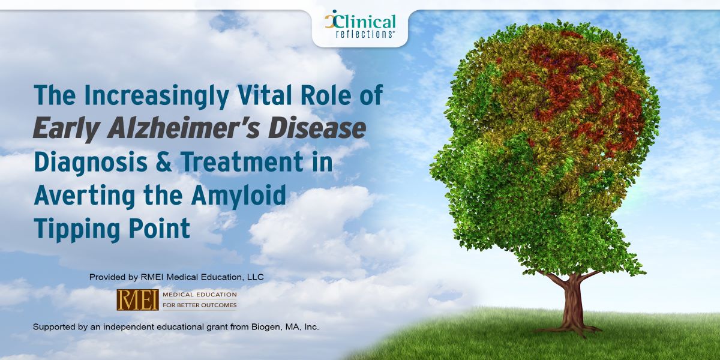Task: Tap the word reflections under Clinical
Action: click(x=364, y=34)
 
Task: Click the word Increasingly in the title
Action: click(x=157, y=96)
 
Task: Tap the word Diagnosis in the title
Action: click(x=91, y=162)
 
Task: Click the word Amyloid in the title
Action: click(x=239, y=196)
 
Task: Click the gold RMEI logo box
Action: click(x=137, y=299)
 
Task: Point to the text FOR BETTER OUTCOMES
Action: click(x=200, y=305)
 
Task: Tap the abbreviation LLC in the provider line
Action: click(x=256, y=277)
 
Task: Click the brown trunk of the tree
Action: click(x=571, y=302)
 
